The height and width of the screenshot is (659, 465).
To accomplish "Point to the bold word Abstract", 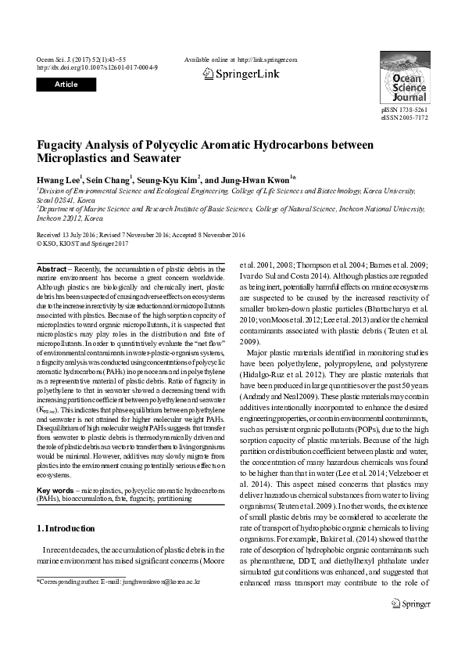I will [52, 269].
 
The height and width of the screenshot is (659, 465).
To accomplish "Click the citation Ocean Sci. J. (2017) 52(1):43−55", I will [81, 59].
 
